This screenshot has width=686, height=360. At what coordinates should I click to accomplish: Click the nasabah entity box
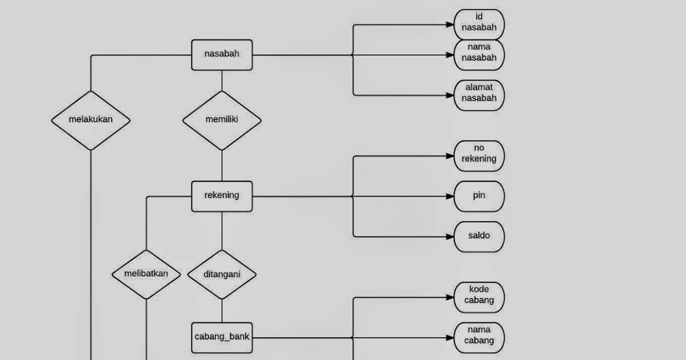click(x=222, y=55)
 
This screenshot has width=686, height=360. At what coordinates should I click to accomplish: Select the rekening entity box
click(x=222, y=195)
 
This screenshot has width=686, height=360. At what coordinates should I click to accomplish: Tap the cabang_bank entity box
click(x=222, y=337)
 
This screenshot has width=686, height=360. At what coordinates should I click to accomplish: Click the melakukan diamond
click(x=91, y=120)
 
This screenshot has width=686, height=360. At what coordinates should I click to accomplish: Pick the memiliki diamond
click(x=222, y=120)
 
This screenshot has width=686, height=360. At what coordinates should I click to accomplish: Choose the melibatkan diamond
click(x=146, y=274)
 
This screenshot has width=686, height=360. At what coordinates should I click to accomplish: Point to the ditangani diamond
click(x=222, y=274)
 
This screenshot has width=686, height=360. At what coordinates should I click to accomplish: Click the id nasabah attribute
click(x=479, y=25)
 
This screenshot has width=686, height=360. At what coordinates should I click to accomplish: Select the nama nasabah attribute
click(x=479, y=54)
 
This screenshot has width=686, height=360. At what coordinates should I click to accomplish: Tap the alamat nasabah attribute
click(x=479, y=95)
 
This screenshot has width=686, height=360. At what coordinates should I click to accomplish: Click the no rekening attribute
click(x=479, y=155)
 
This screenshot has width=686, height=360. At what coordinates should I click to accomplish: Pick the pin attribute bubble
click(x=479, y=196)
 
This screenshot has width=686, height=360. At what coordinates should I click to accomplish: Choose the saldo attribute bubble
click(x=479, y=236)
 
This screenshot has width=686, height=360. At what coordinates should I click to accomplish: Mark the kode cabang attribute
click(x=479, y=297)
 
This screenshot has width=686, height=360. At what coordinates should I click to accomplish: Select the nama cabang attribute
click(x=479, y=337)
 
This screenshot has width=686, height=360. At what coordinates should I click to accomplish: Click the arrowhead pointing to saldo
click(x=450, y=236)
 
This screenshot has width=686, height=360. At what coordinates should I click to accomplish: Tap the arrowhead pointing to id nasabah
click(x=450, y=25)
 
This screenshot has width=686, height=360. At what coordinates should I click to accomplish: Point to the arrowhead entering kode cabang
click(x=450, y=297)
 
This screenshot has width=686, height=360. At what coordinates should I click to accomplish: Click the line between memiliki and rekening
click(x=222, y=166)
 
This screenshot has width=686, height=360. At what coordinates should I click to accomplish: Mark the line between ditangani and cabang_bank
click(x=222, y=311)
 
